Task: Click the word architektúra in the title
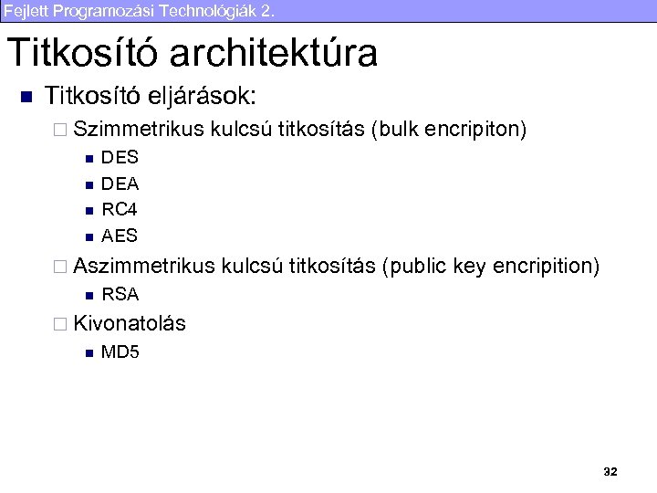[273, 54]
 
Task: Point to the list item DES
[120, 158]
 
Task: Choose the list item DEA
[120, 184]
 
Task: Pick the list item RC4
[120, 209]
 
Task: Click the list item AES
[120, 236]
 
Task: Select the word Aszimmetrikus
[143, 266]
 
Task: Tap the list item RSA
[120, 294]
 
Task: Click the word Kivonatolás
[130, 322]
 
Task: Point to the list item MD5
[120, 351]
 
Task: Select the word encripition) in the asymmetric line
[546, 266]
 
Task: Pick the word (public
[416, 266]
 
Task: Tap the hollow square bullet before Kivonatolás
[61, 323]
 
